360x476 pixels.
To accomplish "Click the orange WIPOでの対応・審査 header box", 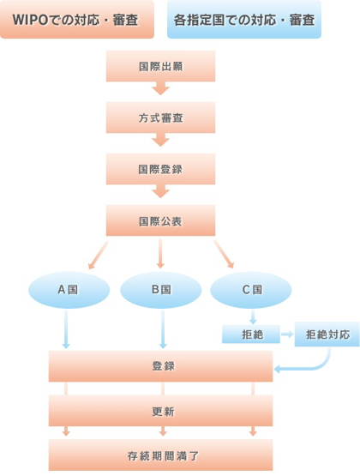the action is point(77,20).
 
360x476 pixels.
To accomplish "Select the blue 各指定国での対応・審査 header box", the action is point(244,20).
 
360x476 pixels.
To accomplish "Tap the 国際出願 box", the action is point(160,66).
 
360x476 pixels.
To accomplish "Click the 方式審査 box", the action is point(160,117).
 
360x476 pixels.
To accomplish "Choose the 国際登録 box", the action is point(160,169).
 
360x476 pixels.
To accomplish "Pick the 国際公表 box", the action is point(160,220).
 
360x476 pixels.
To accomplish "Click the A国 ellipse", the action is point(69,290).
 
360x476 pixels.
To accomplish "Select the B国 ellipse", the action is point(161,290).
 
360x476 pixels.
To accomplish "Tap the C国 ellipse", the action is point(251,290).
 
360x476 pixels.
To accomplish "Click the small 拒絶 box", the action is point(251,334).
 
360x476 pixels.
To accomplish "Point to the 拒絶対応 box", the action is point(327,334).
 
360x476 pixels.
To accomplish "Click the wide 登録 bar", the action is point(161,366).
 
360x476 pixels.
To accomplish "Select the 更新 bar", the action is point(161,411).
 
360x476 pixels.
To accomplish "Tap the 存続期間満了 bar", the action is point(161,455).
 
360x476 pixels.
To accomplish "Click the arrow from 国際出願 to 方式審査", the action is point(160,88).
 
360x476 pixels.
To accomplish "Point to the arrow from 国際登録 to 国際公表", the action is point(160,191).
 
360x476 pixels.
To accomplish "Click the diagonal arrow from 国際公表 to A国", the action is point(98,256).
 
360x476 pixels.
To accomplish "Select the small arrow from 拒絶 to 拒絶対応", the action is point(287,334).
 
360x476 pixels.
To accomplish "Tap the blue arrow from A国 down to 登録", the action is point(66,329).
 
